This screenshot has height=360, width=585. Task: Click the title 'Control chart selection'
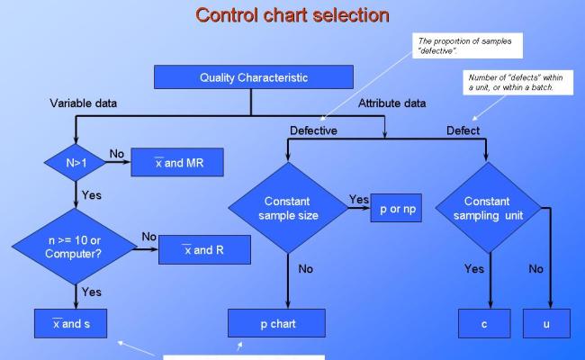(292, 15)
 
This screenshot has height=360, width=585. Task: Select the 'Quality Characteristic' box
(253, 77)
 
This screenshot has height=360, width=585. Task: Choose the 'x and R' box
(204, 249)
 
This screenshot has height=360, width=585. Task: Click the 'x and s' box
(71, 323)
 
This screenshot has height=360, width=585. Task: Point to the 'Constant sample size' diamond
(288, 208)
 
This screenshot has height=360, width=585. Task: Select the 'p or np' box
(395, 208)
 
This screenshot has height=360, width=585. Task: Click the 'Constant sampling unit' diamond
(487, 208)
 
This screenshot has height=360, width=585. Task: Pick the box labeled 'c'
(483, 323)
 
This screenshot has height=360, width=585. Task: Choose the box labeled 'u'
(545, 323)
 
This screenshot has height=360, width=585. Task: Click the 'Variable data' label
(83, 103)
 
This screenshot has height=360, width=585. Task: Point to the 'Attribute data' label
(392, 103)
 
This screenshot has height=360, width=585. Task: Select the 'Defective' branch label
(313, 130)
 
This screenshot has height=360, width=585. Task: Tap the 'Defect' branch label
(463, 130)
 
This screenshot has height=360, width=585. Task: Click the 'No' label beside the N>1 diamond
(117, 154)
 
